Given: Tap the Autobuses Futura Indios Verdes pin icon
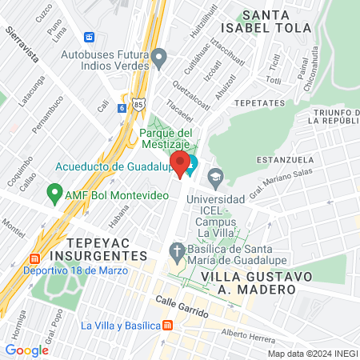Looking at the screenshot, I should coord(159,58).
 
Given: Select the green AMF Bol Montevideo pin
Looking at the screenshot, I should coord(54,192).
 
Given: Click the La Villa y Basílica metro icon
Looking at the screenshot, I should coord(167,326).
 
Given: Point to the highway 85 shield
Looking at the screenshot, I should coord(140,104).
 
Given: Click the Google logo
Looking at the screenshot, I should coord(26,350).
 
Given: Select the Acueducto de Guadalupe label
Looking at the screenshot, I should coord(115,166).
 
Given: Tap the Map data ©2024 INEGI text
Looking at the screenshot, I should coord(312,353).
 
